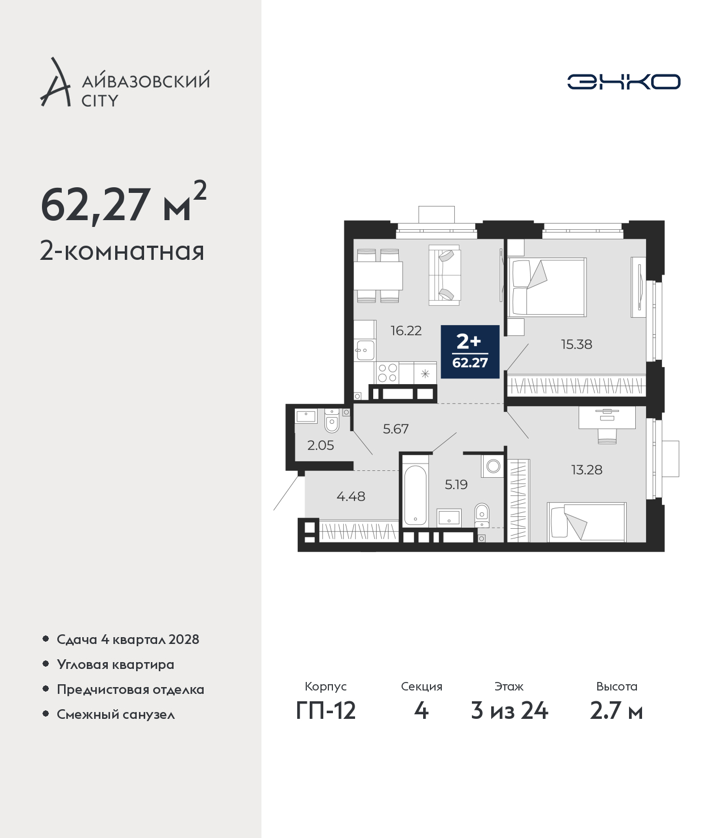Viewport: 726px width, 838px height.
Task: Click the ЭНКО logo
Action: [x=623, y=82]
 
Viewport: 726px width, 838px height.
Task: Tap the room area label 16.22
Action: [x=406, y=331]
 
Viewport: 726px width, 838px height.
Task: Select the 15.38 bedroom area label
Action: [x=576, y=344]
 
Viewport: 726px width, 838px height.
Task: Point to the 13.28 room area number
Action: [x=586, y=470]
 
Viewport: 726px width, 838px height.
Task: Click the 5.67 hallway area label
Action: [x=396, y=429]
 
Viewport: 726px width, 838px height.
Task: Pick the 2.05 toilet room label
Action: [x=320, y=445]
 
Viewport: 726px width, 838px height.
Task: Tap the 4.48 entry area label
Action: [x=351, y=496]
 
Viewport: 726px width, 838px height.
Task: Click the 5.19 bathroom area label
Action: [x=456, y=485]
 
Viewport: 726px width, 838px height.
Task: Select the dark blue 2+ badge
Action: [x=470, y=352]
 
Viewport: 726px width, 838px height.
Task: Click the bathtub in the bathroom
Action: [x=415, y=495]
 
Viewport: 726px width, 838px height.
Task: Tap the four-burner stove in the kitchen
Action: [x=387, y=373]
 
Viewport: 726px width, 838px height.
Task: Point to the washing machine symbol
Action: [x=493, y=466]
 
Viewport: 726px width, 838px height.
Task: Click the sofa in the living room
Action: [x=445, y=275]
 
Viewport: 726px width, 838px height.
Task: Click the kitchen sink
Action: [x=364, y=350]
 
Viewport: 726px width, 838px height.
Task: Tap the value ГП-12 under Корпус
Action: [x=326, y=711]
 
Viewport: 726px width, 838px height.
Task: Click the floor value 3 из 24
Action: [x=509, y=711]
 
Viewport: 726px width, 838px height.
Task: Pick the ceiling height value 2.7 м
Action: [x=616, y=711]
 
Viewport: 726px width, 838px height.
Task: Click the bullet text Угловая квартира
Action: [x=116, y=665]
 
